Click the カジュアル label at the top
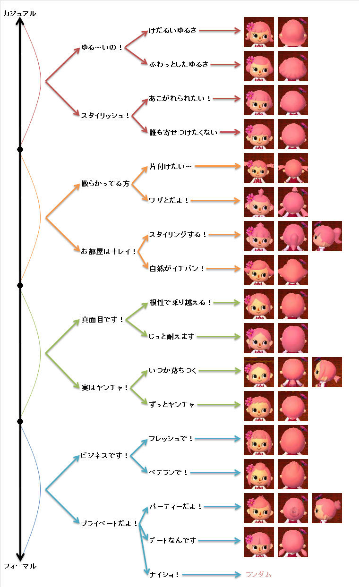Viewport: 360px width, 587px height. [x=19, y=14]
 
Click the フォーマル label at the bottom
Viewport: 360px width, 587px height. [x=19, y=566]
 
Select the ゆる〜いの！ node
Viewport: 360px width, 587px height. [x=102, y=48]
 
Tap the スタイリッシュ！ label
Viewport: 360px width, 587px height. [x=105, y=115]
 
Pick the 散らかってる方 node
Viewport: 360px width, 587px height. [x=105, y=184]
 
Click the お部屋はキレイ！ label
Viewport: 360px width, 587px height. [x=108, y=251]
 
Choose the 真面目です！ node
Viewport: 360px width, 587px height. [x=102, y=320]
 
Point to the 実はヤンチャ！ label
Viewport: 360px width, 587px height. [x=104, y=388]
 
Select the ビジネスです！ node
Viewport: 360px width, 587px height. [x=104, y=456]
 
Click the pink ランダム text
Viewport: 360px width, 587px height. [x=258, y=574]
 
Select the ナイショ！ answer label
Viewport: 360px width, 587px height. [x=164, y=574]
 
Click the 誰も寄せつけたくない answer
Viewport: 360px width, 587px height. [x=183, y=133]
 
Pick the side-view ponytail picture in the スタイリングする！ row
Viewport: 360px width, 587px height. [x=327, y=236]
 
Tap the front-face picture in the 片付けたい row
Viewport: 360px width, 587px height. [x=259, y=168]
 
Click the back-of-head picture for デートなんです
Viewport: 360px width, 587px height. [x=293, y=542]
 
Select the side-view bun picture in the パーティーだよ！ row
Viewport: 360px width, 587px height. [x=327, y=508]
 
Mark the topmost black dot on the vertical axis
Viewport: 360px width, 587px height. [x=20, y=149]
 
